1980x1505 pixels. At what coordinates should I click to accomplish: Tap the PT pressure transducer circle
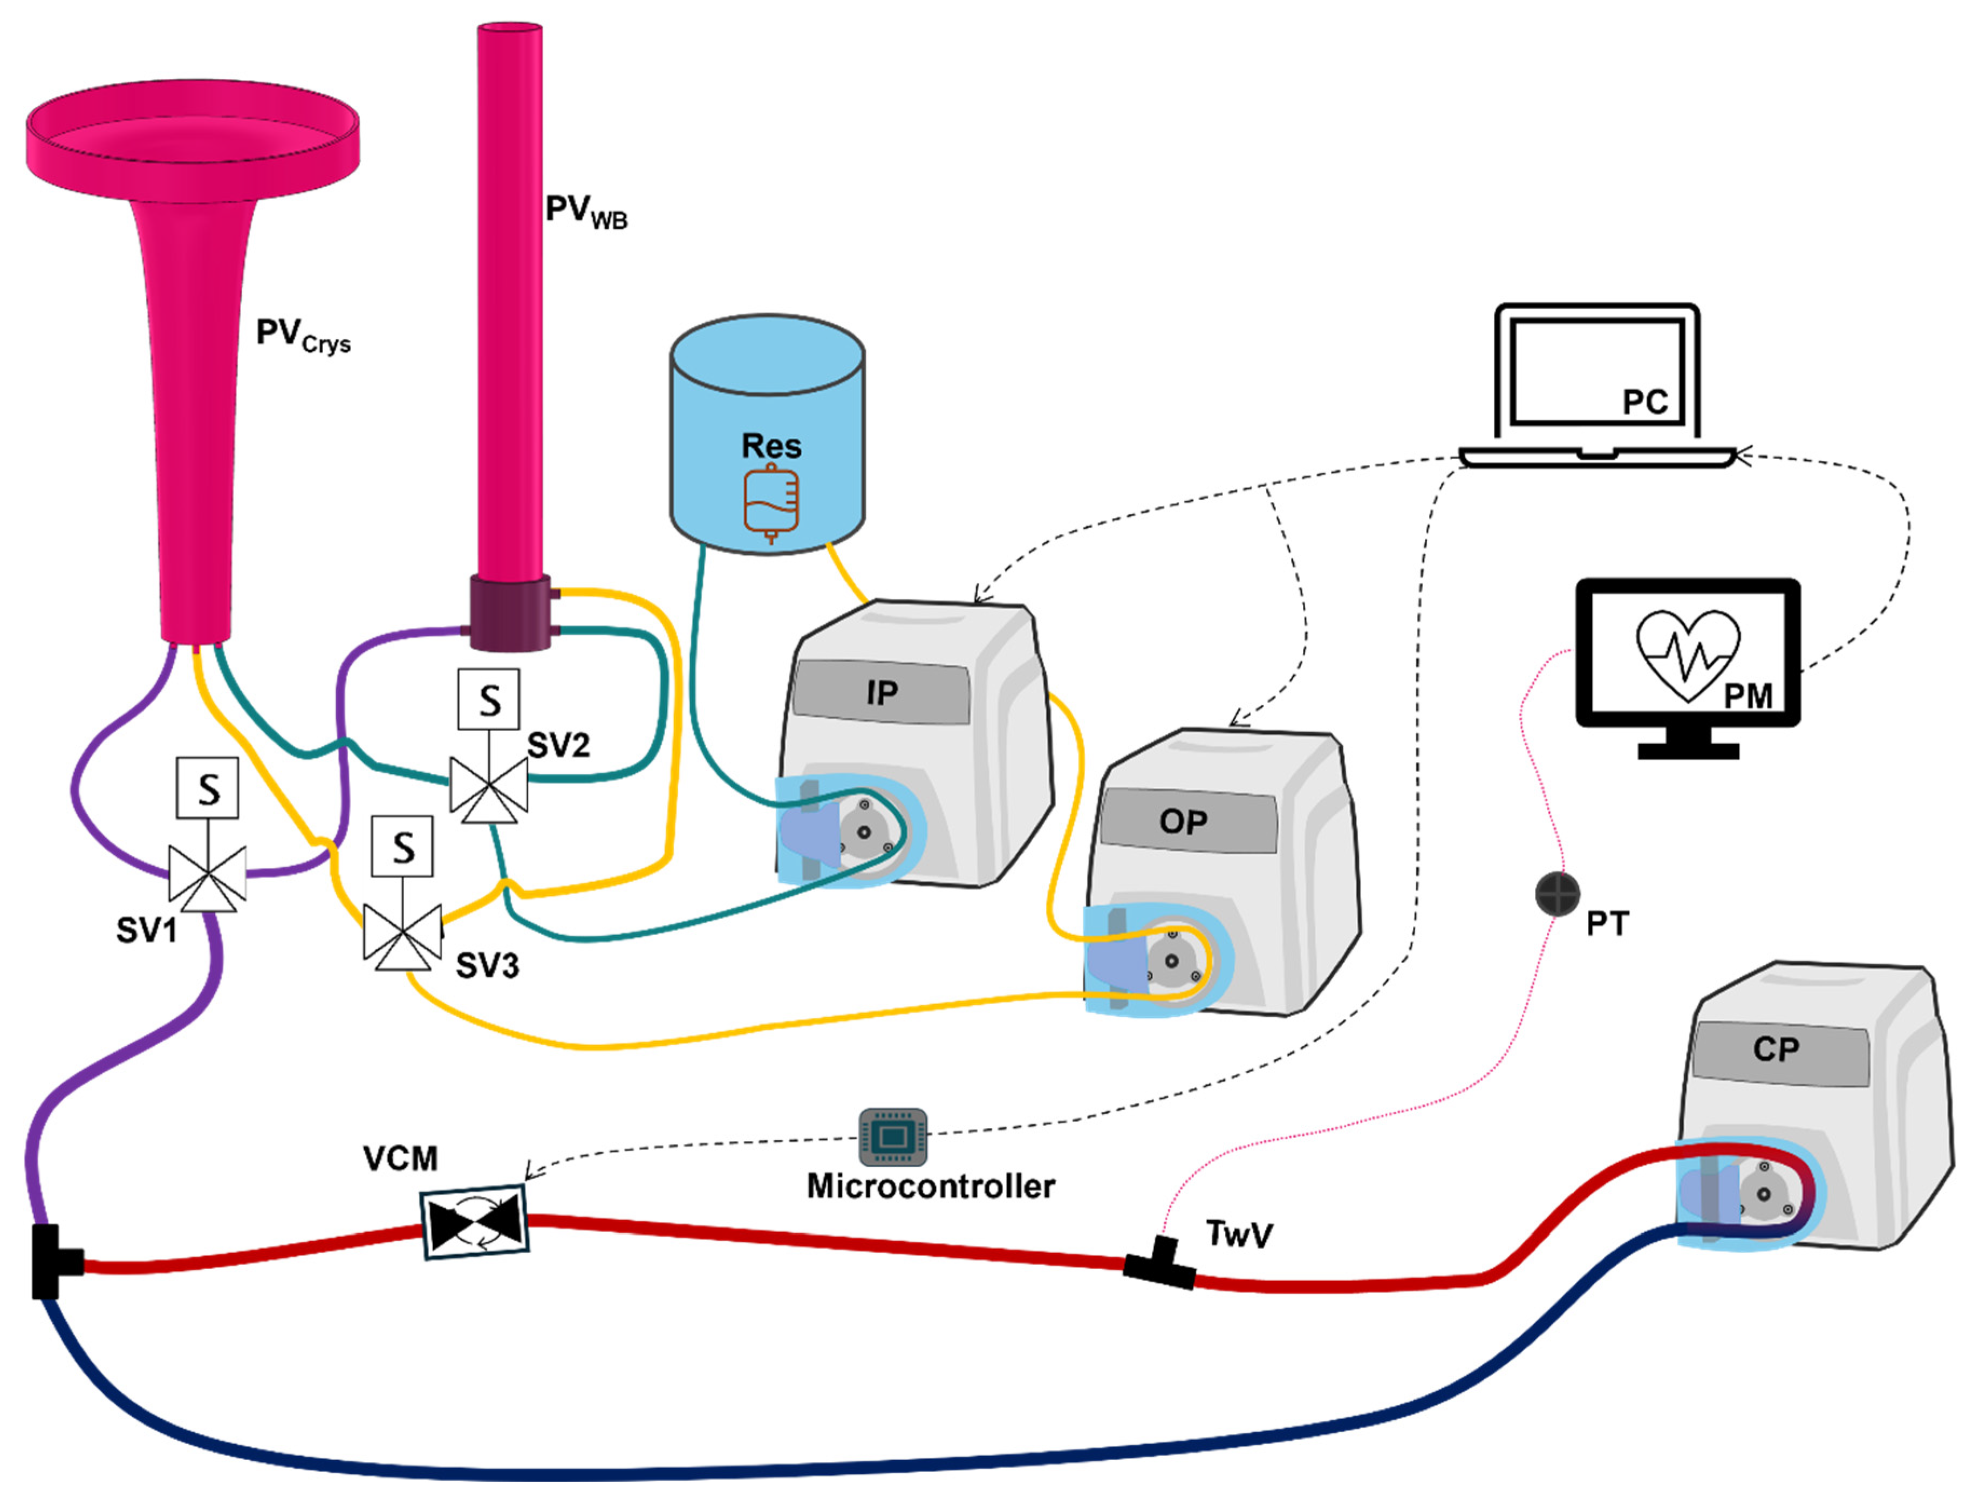1558,893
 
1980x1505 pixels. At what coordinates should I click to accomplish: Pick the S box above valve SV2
489,699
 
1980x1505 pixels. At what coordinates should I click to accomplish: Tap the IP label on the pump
882,692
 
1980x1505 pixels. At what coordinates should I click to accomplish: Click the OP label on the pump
1182,821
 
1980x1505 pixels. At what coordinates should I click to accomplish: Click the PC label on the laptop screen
1645,402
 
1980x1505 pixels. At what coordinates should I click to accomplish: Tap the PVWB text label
586,212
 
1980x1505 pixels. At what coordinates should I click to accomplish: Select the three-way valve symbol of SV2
489,788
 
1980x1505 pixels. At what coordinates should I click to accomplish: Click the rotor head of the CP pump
1763,1194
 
